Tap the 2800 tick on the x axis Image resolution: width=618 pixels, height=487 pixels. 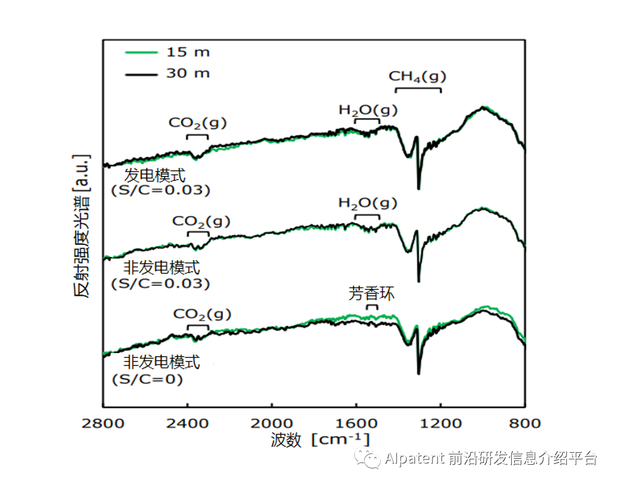tap(103, 423)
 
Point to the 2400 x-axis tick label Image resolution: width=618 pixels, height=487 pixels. tap(187, 423)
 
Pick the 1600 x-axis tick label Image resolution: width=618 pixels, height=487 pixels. tap(356, 423)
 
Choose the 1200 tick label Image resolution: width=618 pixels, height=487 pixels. tap(441, 423)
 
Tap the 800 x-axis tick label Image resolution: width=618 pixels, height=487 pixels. tap(526, 423)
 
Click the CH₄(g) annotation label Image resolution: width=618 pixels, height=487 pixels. tap(418, 77)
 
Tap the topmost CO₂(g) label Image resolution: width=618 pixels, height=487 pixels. tap(198, 123)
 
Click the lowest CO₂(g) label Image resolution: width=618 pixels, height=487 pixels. tap(202, 314)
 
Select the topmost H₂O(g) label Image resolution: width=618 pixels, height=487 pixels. tap(368, 110)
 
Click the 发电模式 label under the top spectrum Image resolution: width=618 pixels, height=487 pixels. tap(155, 175)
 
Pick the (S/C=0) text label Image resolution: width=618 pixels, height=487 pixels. tap(147, 380)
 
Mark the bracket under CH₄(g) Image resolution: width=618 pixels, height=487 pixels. tap(418, 89)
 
